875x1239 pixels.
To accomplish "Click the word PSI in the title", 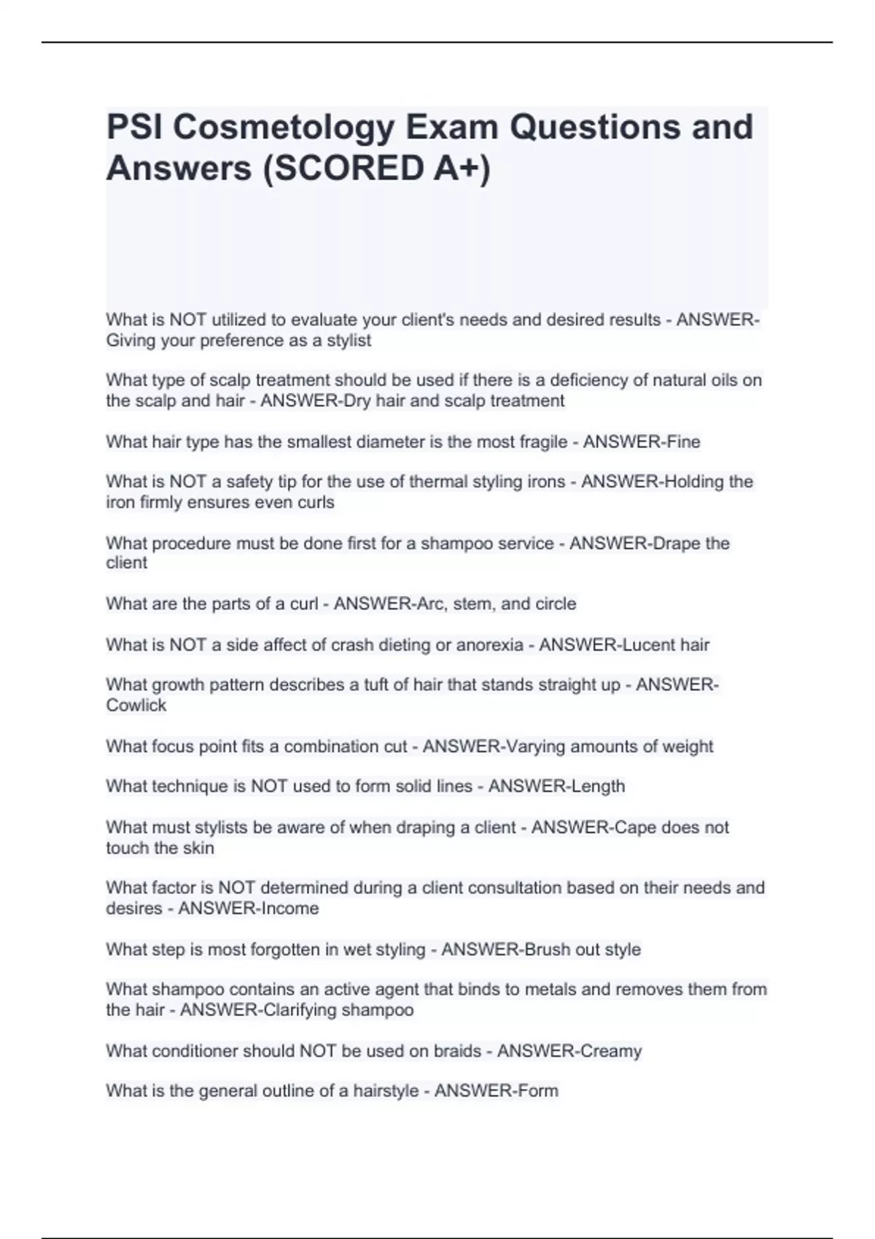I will coord(135,128).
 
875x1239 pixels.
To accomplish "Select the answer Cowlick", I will coord(136,706).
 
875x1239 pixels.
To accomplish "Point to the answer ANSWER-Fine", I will coord(642,442).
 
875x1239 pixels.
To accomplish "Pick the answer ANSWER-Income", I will coord(249,909).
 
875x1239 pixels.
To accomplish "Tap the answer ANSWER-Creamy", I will coord(569,1051).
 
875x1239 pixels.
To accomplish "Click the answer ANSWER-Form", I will coord(496,1091).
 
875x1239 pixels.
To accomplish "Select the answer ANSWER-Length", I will coord(556,786).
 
